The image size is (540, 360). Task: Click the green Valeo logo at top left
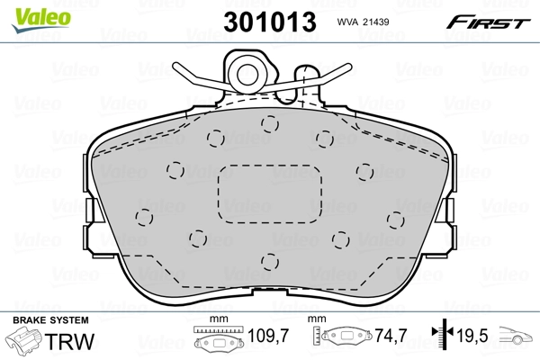pyautogui.click(x=41, y=20)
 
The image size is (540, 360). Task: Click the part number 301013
pyautogui.click(x=270, y=22)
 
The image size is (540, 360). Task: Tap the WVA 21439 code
pyautogui.click(x=363, y=22)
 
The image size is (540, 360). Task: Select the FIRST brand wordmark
pyautogui.click(x=488, y=22)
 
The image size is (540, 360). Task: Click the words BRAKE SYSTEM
pyautogui.click(x=50, y=320)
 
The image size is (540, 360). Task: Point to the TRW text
pyautogui.click(x=69, y=341)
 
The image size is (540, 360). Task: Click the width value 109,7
pyautogui.click(x=268, y=336)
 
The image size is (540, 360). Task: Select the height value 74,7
pyautogui.click(x=391, y=336)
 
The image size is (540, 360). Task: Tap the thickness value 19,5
pyautogui.click(x=472, y=336)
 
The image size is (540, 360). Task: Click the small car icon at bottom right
pyautogui.click(x=516, y=335)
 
